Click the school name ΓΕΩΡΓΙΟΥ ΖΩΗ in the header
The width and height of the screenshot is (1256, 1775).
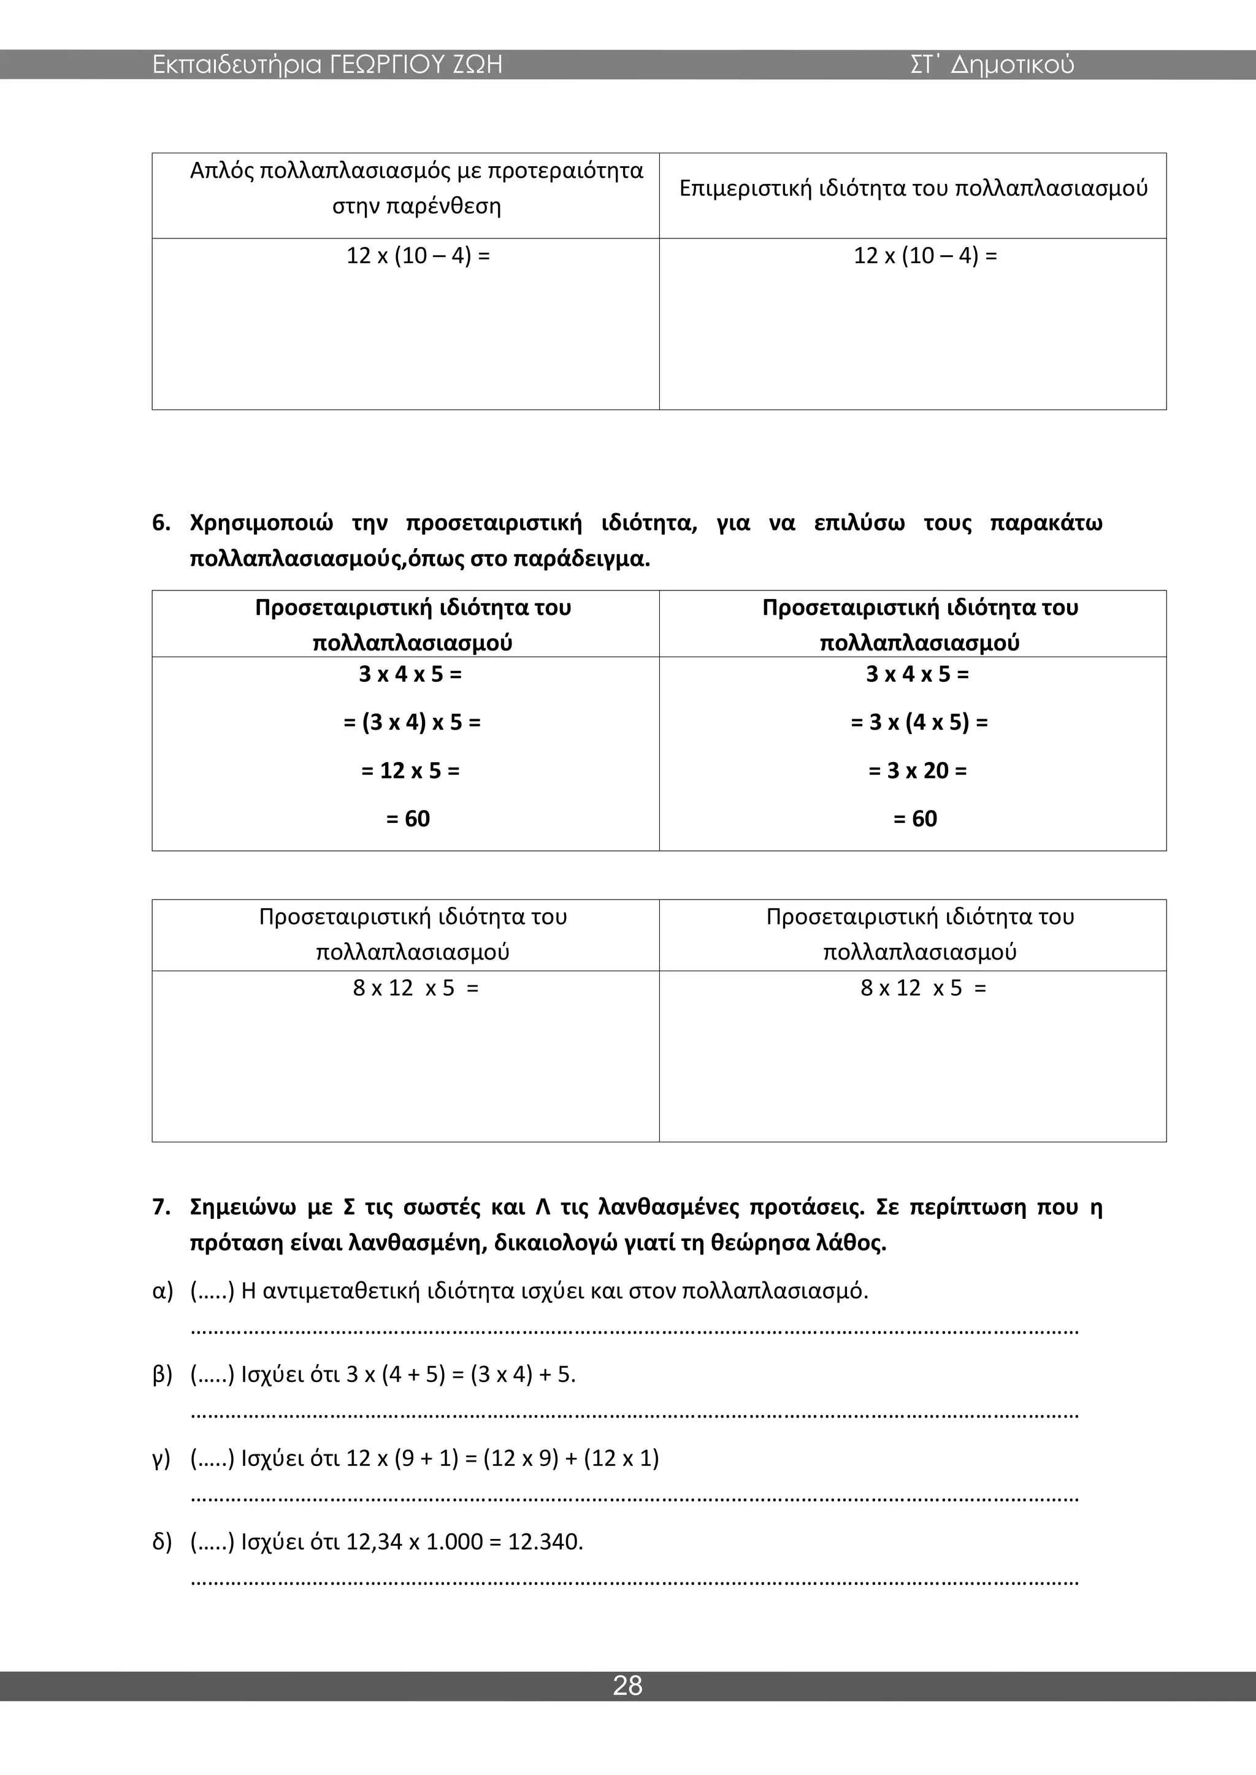(416, 64)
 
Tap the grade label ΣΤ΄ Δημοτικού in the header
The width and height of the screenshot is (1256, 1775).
(992, 64)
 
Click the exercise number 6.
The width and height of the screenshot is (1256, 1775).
(160, 524)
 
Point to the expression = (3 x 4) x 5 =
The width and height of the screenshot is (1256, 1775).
(412, 722)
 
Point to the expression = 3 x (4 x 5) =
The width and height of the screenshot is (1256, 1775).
(919, 722)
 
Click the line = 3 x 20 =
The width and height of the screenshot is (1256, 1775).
(917, 771)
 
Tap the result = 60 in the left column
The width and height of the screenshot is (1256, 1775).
(408, 819)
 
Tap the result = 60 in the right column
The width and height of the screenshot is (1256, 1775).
(915, 819)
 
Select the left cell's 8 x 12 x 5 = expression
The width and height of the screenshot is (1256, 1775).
(415, 988)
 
